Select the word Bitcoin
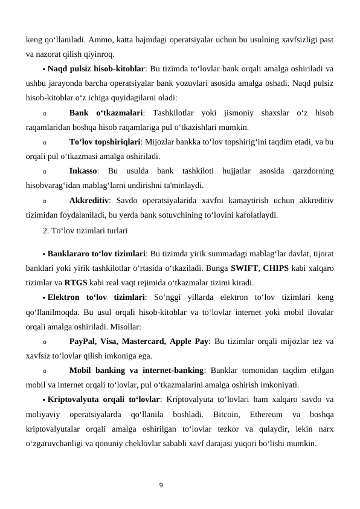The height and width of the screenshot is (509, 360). click(x=223, y=415)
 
